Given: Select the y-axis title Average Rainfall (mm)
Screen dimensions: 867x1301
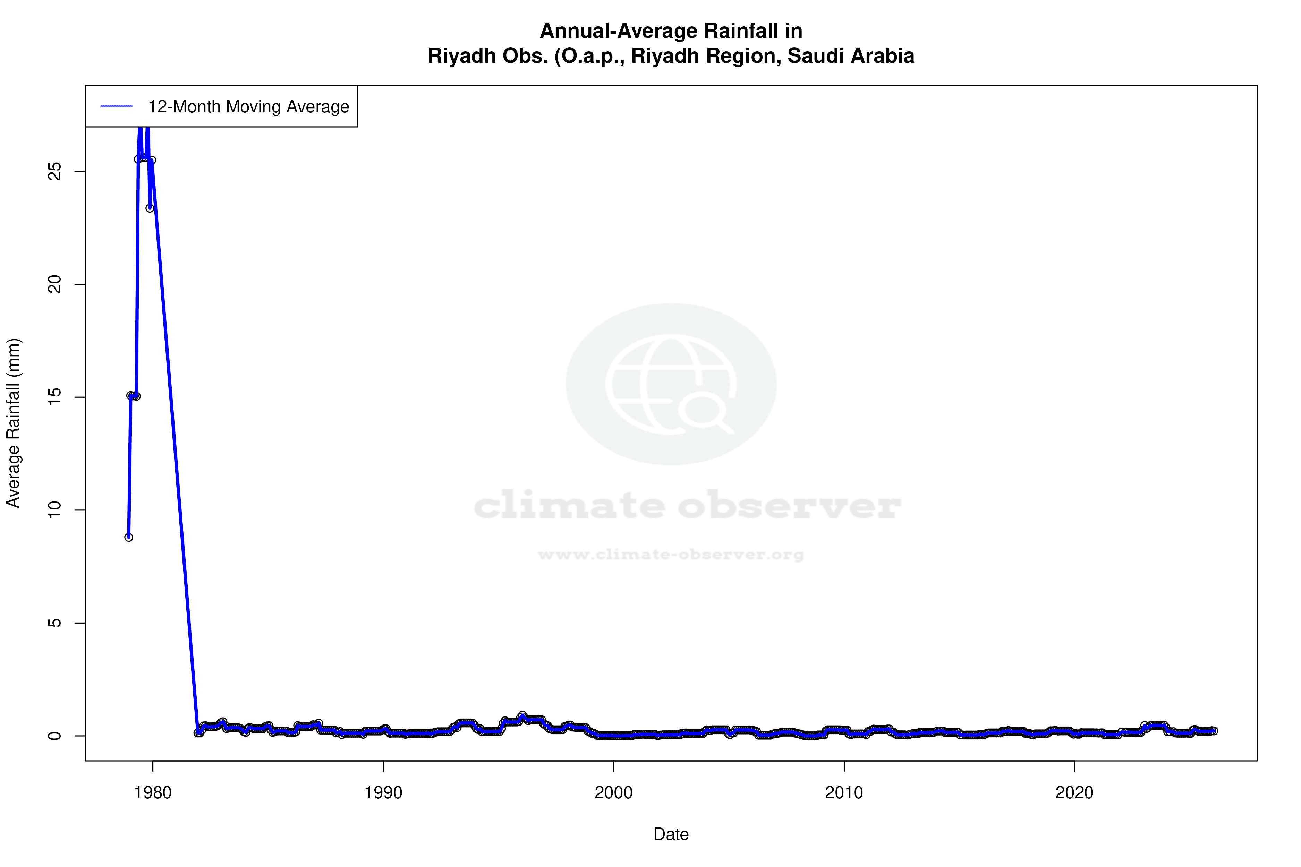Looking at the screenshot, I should point(13,423).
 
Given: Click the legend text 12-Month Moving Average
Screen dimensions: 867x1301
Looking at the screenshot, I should point(248,107).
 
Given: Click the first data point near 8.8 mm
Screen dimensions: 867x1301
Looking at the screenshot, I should point(128,537).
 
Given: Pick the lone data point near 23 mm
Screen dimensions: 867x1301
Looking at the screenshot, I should point(149,208).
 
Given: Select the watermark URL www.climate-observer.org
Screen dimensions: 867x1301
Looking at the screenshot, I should point(671,555).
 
